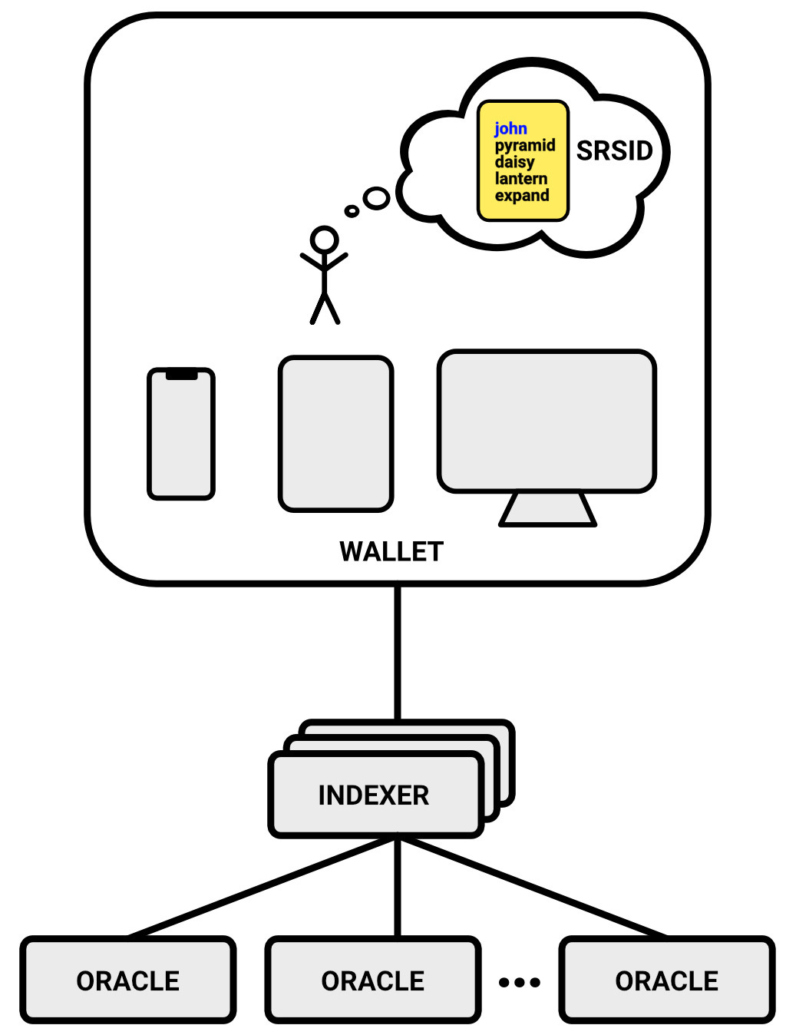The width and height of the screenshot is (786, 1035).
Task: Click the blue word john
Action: coord(510,129)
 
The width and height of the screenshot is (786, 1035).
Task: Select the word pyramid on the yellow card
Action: coord(524,146)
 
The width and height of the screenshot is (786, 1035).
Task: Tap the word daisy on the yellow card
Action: coord(514,162)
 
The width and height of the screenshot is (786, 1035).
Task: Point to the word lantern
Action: coord(520,179)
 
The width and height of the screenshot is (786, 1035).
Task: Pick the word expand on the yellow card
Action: coord(522,196)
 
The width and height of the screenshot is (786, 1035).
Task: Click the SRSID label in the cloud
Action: coord(614,151)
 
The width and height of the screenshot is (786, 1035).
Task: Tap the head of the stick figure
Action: coord(324,239)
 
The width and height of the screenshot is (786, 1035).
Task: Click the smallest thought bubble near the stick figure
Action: coord(352,210)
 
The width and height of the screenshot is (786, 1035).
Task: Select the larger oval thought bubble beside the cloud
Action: coord(376,198)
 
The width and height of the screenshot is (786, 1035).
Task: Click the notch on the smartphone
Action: coord(181,375)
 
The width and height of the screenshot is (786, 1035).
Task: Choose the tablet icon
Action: coord(335,433)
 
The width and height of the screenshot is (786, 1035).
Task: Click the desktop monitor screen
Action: coord(547,421)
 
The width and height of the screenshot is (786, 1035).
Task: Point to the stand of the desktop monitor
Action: coord(547,510)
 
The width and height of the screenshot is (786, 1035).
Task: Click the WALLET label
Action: coord(391,551)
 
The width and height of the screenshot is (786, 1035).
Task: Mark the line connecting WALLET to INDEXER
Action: coord(398,653)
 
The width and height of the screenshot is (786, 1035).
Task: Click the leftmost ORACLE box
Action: coord(128,980)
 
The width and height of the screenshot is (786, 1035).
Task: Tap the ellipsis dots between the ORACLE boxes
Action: coord(520,982)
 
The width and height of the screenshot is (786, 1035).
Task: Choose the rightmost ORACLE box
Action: coord(666,980)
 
